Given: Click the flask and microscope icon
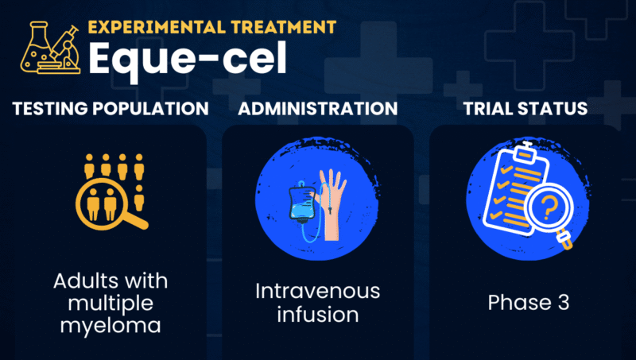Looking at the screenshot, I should (48, 49).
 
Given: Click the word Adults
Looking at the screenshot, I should (85, 281).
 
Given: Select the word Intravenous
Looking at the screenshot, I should (318, 292).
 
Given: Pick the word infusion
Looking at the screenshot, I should (318, 314).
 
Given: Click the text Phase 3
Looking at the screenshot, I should (527, 303).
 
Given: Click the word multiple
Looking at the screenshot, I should (107, 303).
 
